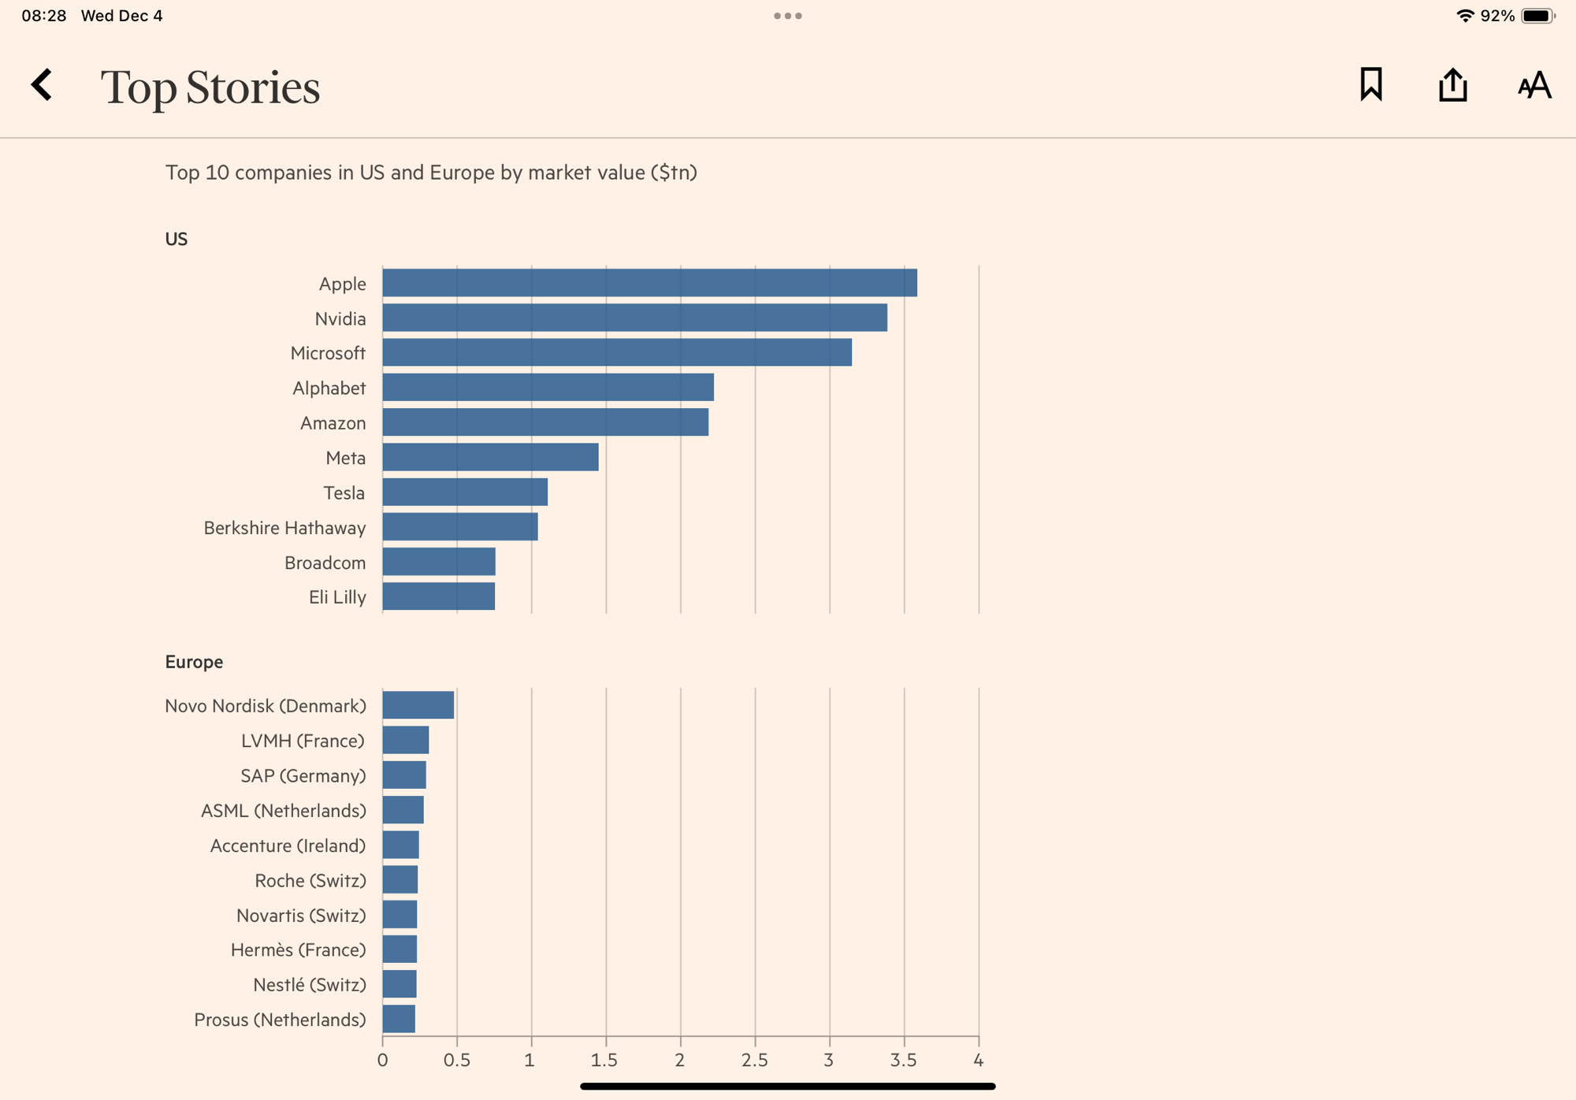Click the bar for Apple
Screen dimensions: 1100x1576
click(x=649, y=283)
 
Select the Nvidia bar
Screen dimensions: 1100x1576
click(x=634, y=318)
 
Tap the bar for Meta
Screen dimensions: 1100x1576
click(x=490, y=457)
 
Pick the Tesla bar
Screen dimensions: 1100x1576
click(x=465, y=492)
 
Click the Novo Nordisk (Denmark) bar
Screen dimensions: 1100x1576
click(x=418, y=705)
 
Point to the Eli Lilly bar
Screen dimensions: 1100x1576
click(x=438, y=596)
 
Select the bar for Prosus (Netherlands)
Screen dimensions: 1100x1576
click(x=399, y=1019)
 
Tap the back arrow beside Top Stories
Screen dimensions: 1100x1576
click(x=42, y=85)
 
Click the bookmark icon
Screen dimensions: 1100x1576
click(x=1371, y=84)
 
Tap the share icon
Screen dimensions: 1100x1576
click(x=1452, y=85)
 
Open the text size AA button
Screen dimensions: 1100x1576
click(x=1534, y=85)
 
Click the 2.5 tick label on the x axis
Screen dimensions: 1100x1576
click(x=754, y=1061)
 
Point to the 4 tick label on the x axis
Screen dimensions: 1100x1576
click(x=978, y=1061)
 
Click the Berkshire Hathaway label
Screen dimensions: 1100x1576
click(x=284, y=528)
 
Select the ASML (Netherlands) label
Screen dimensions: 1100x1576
click(x=283, y=811)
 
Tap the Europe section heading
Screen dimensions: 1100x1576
click(x=194, y=662)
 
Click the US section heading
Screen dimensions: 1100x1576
click(x=176, y=240)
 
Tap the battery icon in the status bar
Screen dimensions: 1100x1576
click(x=1537, y=16)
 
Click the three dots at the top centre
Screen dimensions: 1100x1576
click(x=788, y=16)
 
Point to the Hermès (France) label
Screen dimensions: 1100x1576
click(x=298, y=950)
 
